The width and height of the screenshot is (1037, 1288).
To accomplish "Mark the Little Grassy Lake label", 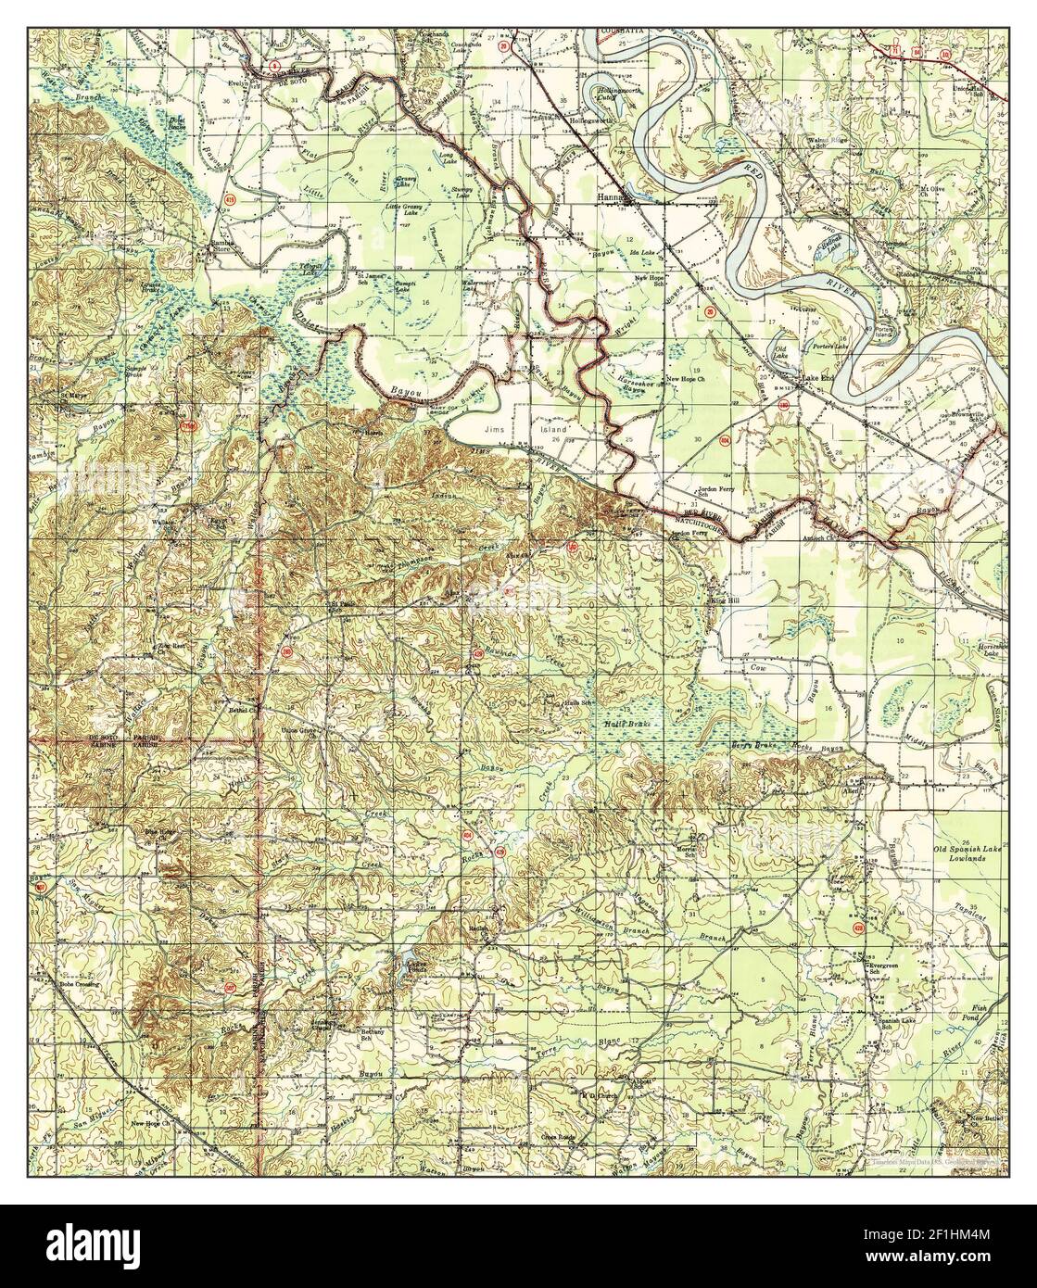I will (408, 209).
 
